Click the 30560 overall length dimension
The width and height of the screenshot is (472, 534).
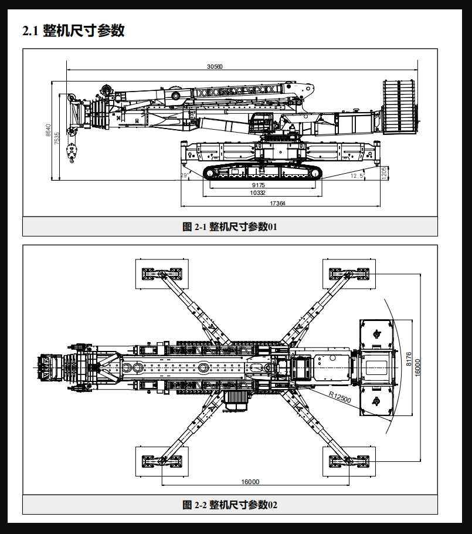pyautogui.click(x=215, y=66)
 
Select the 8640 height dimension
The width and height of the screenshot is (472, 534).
pyautogui.click(x=48, y=130)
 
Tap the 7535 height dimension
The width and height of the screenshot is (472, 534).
pyautogui.click(x=56, y=138)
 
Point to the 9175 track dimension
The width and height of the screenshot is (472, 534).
pyautogui.click(x=259, y=185)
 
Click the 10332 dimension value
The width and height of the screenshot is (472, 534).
pyautogui.click(x=257, y=192)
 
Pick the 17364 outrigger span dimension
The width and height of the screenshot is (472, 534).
pyautogui.click(x=277, y=203)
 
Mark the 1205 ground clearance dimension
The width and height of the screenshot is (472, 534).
pyautogui.click(x=384, y=173)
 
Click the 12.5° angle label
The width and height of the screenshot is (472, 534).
pyautogui.click(x=358, y=175)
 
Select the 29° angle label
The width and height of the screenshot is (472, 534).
pyautogui.click(x=185, y=175)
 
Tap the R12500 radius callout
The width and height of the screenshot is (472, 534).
pyautogui.click(x=339, y=397)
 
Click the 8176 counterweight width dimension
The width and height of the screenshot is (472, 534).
pyautogui.click(x=409, y=359)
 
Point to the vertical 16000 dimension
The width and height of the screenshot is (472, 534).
pyautogui.click(x=417, y=367)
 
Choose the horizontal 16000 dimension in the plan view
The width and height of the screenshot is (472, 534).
pyautogui.click(x=250, y=482)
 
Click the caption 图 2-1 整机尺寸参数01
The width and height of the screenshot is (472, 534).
pyautogui.click(x=230, y=227)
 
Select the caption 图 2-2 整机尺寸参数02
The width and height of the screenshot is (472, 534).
pyautogui.click(x=230, y=505)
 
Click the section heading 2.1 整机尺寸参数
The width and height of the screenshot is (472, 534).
pyautogui.click(x=73, y=31)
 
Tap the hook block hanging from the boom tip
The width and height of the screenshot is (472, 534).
pyautogui.click(x=72, y=153)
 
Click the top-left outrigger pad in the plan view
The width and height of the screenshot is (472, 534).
pyautogui.click(x=162, y=274)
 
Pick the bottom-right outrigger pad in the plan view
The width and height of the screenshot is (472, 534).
pyautogui.click(x=349, y=461)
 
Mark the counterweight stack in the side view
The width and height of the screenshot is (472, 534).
pyautogui.click(x=399, y=107)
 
